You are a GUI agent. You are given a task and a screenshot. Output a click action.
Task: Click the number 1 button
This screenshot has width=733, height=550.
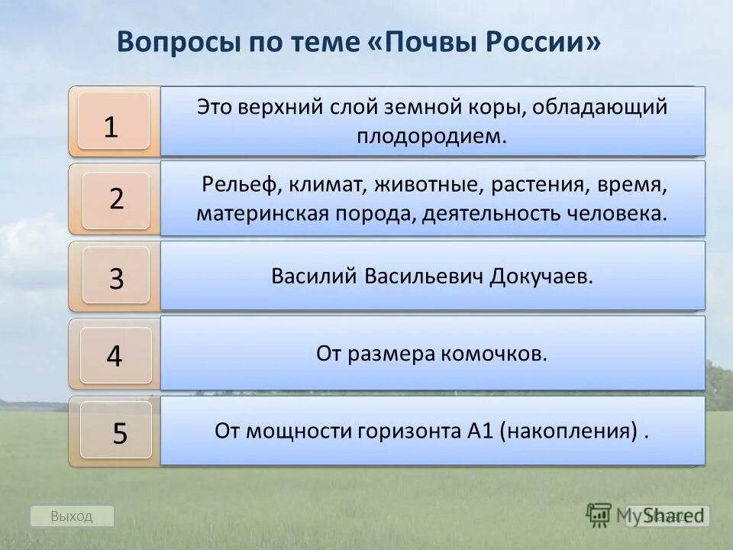[x=114, y=121]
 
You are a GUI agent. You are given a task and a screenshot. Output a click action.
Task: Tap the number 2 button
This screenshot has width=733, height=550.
[x=116, y=200]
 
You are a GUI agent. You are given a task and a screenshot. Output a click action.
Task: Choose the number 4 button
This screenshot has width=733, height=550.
[x=115, y=355]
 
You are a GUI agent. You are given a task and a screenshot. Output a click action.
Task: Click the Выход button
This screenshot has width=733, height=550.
[x=72, y=516]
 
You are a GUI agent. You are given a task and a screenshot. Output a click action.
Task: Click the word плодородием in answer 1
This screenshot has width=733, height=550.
[x=432, y=137]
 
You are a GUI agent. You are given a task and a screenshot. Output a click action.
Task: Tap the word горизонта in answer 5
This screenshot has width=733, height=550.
[x=408, y=432]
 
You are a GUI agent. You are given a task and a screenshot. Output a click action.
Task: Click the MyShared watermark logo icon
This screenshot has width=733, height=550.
[x=599, y=514]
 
